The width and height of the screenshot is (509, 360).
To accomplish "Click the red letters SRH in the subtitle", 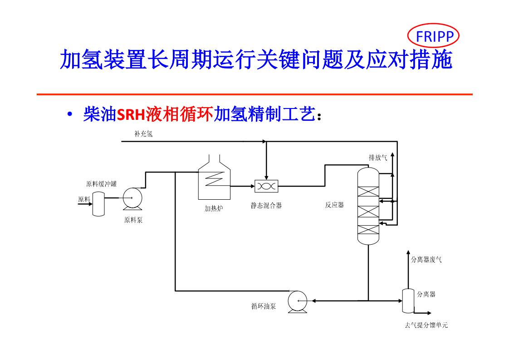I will (x=131, y=115).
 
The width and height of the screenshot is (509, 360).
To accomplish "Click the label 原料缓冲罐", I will (x=101, y=184).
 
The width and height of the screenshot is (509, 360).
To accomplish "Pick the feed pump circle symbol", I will (x=132, y=198).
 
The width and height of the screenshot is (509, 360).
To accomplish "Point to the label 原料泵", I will (x=133, y=220).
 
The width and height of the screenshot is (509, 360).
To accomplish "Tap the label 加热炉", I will (x=214, y=209).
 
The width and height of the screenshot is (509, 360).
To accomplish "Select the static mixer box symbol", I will (x=266, y=186).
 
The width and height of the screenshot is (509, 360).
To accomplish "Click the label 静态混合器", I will (x=266, y=205).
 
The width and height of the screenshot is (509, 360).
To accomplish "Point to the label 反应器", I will (x=334, y=205).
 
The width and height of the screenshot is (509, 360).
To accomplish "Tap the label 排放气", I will (x=377, y=158).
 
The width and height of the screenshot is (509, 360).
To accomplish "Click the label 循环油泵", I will (x=264, y=306).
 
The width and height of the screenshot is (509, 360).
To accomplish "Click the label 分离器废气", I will (x=426, y=260).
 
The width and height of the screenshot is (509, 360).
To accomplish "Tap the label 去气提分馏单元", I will (x=426, y=325).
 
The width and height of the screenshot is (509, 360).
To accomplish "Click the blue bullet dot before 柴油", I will (x=69, y=115).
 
